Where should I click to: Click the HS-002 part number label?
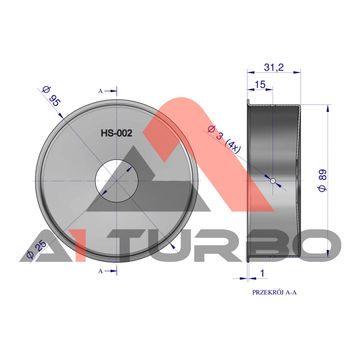pyautogui.click(x=117, y=133)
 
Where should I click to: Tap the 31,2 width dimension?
pyautogui.click(x=274, y=68)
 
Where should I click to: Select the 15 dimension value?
pyautogui.click(x=260, y=85)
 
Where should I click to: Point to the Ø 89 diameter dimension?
pyautogui.click(x=322, y=180)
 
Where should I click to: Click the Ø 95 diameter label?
pyautogui.click(x=51, y=96)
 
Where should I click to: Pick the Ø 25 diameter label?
pyautogui.click(x=36, y=250)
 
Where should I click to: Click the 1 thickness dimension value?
pyautogui.click(x=262, y=274)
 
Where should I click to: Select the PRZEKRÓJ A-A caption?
pyautogui.click(x=275, y=292)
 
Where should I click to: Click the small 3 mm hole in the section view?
pyautogui.click(x=273, y=181)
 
